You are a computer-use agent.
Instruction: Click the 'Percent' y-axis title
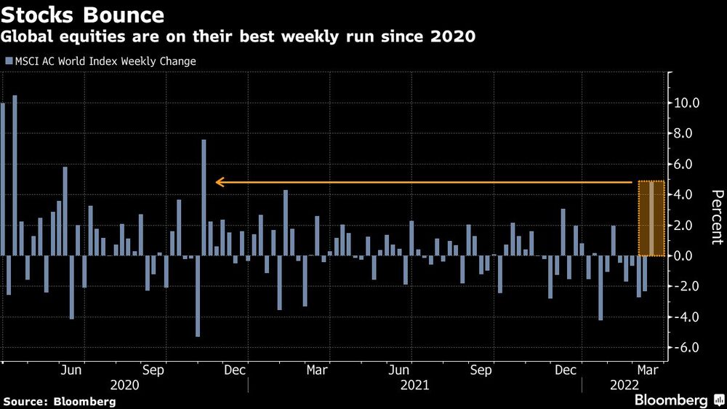point(717,217)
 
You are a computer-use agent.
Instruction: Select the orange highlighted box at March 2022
point(651,218)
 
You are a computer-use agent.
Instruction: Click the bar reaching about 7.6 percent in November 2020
point(204,197)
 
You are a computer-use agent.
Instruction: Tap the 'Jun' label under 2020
point(71,370)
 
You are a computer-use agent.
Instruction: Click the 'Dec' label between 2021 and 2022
point(566,370)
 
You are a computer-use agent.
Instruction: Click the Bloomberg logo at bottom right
point(677,400)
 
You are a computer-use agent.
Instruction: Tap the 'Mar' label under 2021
point(317,370)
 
